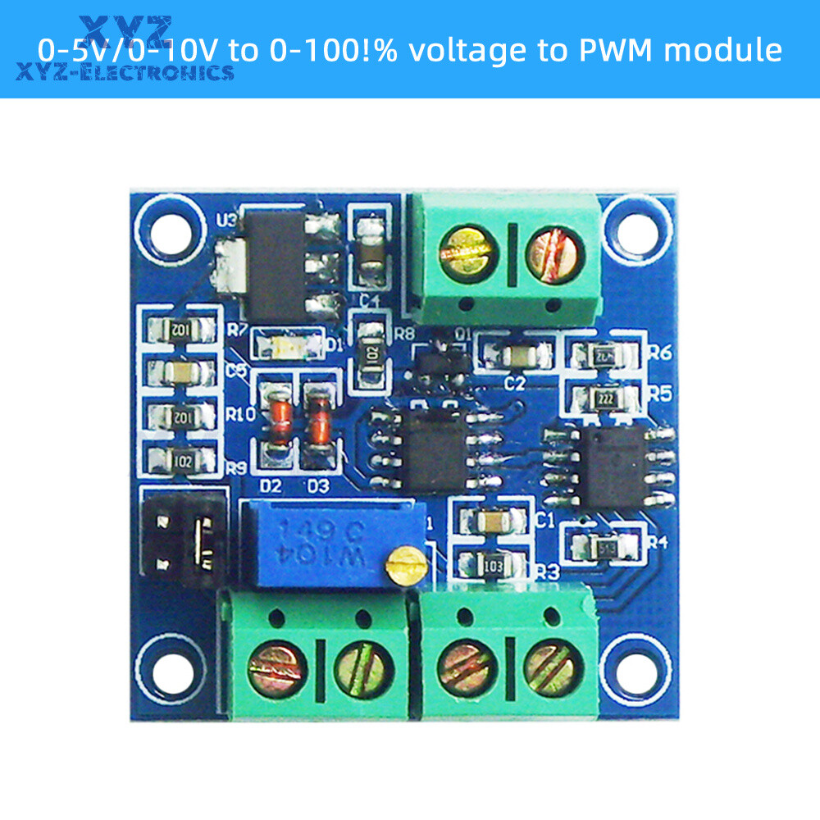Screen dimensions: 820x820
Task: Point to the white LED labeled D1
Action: [286, 344]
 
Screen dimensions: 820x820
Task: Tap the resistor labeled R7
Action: [181, 330]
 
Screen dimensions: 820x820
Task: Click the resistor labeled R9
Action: [181, 461]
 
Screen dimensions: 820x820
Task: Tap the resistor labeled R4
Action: [604, 544]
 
